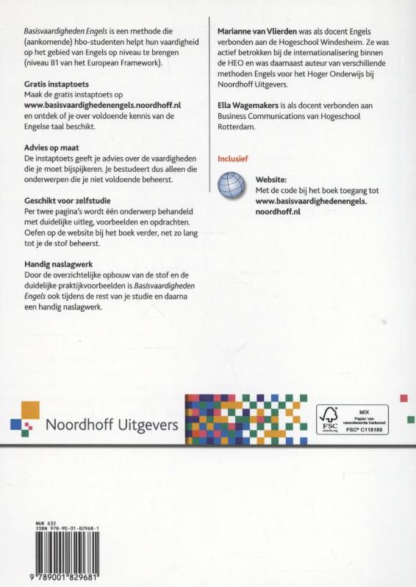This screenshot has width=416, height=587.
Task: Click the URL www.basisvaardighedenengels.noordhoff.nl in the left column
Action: pos(93,106)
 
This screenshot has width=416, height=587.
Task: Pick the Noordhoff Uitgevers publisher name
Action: pos(111,424)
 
